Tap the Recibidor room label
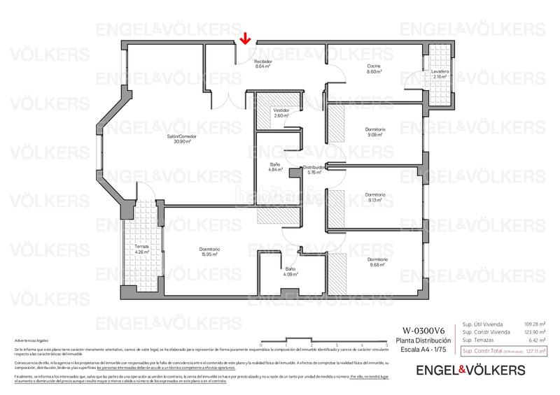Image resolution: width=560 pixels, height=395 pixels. coord(262,64)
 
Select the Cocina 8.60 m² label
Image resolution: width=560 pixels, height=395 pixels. coord(374,69)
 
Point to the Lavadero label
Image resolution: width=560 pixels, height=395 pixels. coord(440,73)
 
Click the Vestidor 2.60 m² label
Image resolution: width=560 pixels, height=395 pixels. coord(281,113)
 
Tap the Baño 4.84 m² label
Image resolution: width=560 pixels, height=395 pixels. coord(275,167)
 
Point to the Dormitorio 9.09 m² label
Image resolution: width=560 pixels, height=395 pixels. coord(375,132)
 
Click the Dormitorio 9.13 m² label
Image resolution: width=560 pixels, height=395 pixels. coord(375,197)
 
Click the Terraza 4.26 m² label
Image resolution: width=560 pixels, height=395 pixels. coord(142,250)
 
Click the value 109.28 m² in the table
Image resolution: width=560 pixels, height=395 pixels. coord(535,324)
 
